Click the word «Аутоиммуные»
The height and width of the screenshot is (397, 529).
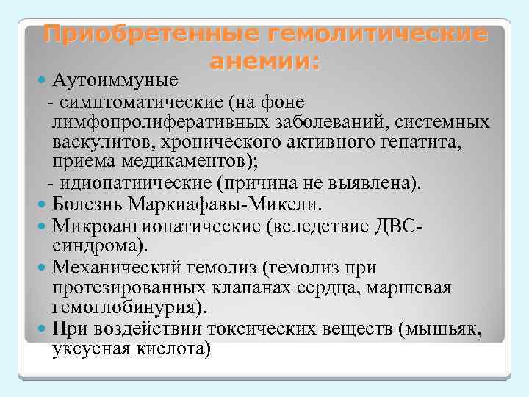pos(121,79)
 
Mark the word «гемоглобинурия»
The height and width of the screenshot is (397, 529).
pos(130,306)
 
